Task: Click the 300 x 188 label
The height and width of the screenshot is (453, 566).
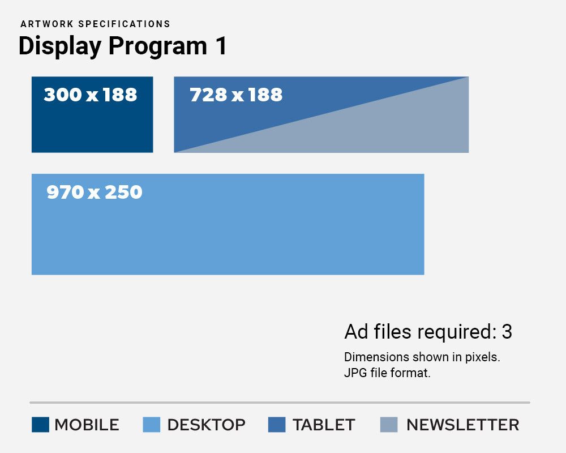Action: [91, 95]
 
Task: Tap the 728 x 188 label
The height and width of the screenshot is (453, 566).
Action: [236, 95]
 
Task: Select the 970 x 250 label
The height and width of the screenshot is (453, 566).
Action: [95, 193]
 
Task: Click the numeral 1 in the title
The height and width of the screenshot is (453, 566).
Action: [221, 46]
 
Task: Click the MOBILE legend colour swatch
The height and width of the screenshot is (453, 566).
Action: [40, 424]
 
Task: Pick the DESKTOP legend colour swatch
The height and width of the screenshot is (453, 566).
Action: [151, 424]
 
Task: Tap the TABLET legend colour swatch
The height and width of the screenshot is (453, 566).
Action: [277, 424]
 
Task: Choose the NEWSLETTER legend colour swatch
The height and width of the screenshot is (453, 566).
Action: [389, 424]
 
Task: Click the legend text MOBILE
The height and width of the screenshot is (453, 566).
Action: [87, 425]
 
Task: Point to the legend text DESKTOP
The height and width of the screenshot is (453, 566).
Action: [207, 425]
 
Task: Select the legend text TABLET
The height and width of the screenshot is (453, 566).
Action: [324, 425]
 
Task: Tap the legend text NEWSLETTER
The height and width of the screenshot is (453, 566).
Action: [462, 425]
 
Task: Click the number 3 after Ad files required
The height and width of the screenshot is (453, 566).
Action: [507, 332]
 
